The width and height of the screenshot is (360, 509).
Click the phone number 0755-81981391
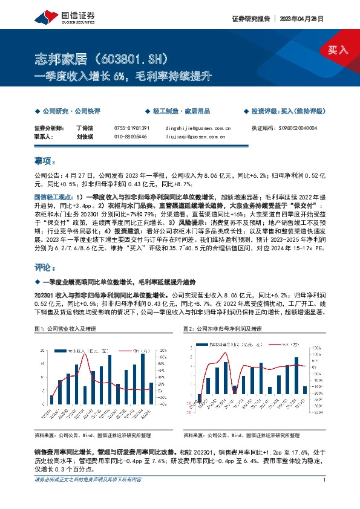coord(131,129)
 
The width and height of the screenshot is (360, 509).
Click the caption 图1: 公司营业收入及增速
coord(66,328)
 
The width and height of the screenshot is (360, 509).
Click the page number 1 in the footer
coord(325,480)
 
